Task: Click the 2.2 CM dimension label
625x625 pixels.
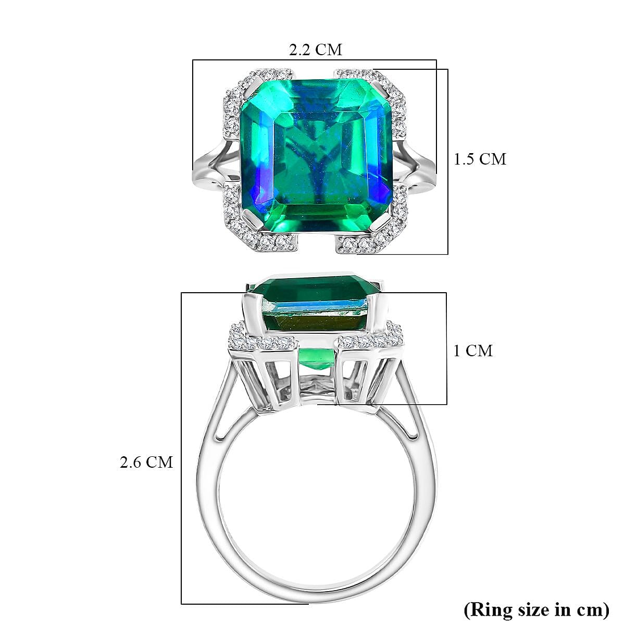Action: (316, 49)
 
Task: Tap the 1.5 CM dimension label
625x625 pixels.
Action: (480, 159)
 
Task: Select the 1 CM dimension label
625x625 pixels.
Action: (472, 351)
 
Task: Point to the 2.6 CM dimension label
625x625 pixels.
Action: (146, 462)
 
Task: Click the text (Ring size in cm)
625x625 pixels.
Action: (536, 608)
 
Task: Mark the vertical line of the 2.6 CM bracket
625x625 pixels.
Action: (181, 448)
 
